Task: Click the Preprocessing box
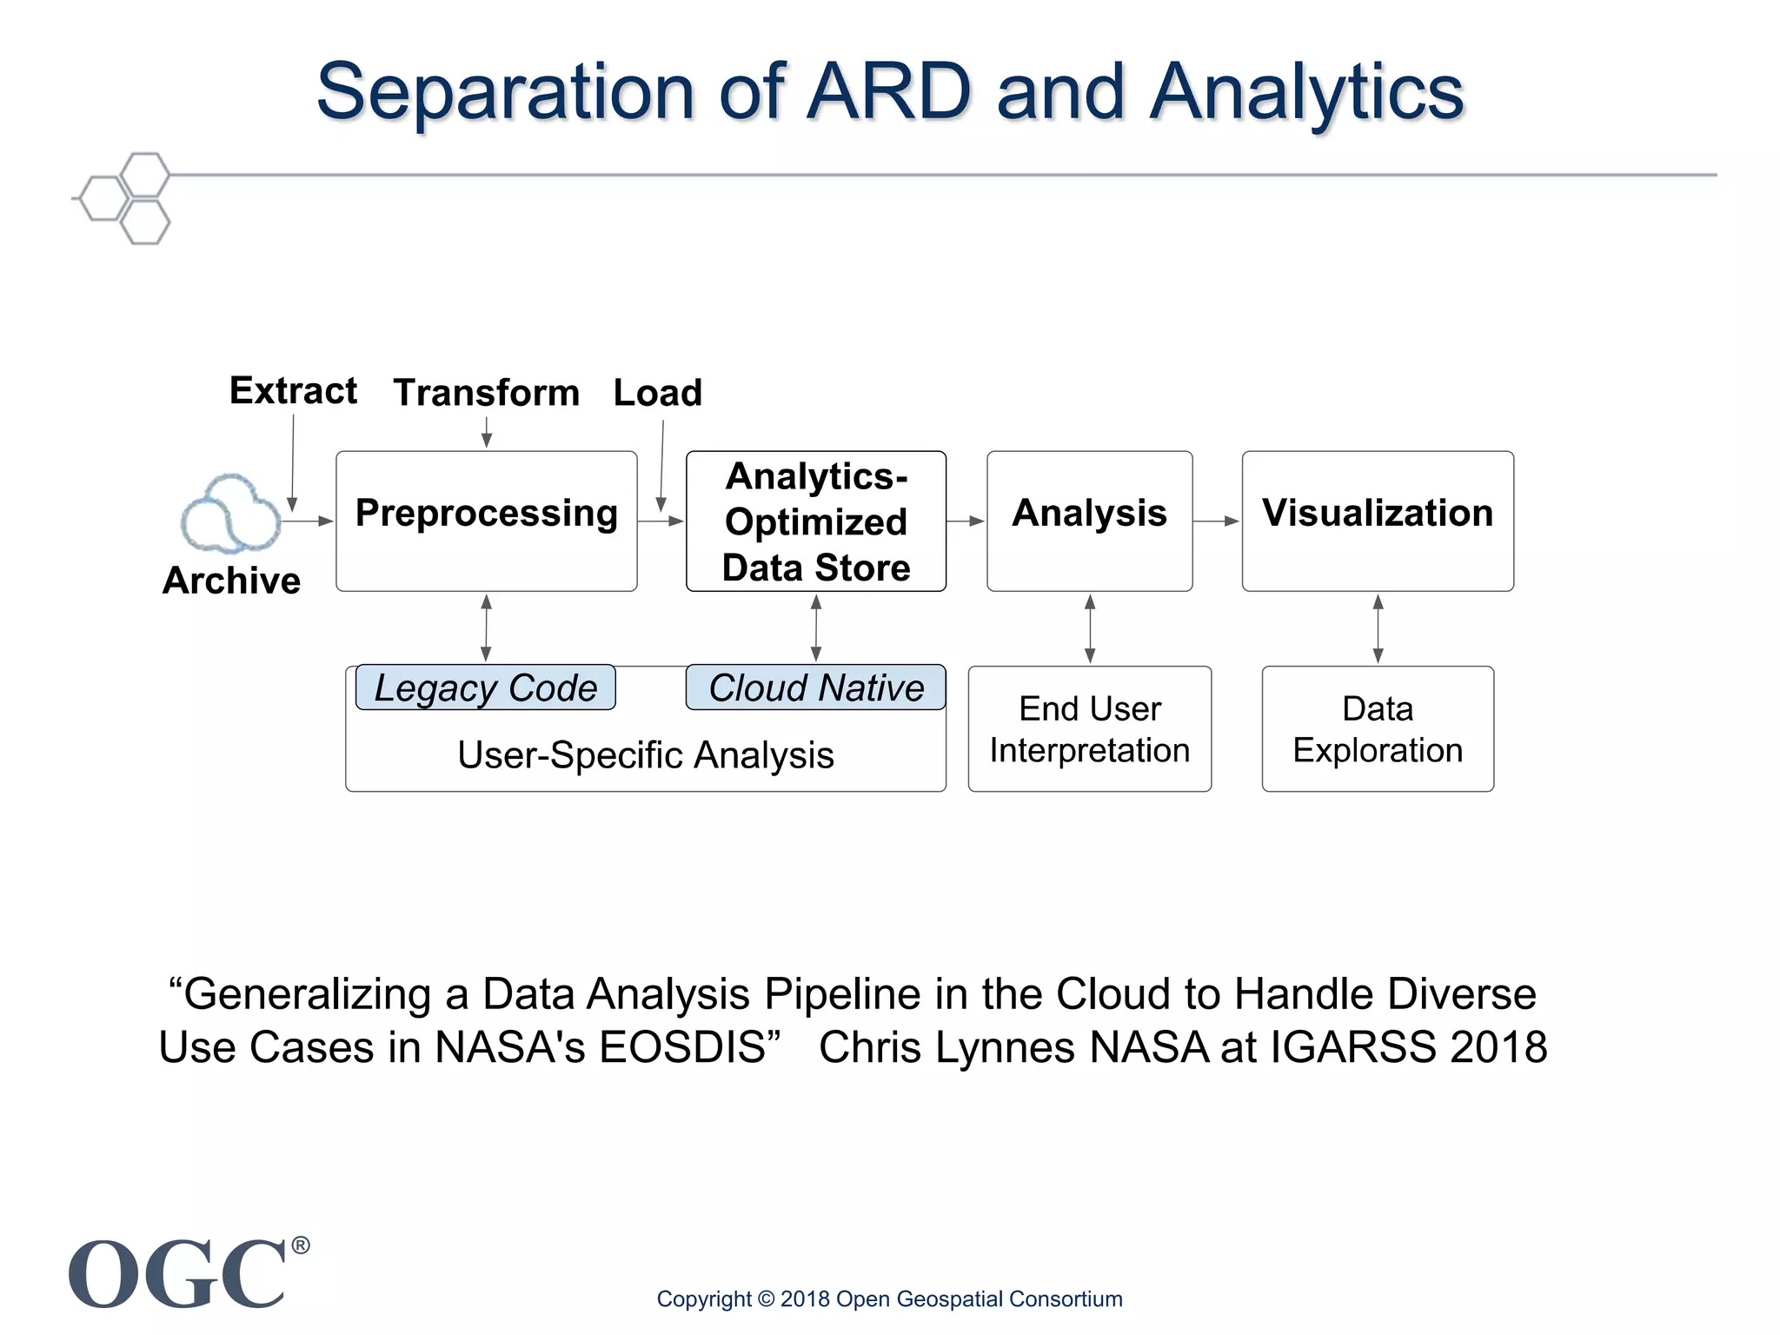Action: pyautogui.click(x=486, y=521)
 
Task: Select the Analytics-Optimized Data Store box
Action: pyautogui.click(x=815, y=521)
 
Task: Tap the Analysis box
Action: pyautogui.click(x=1089, y=521)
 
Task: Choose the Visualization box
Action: pyautogui.click(x=1378, y=521)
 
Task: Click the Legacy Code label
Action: pyautogui.click(x=485, y=687)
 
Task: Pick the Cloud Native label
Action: pyautogui.click(x=815, y=687)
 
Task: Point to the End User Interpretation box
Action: pyautogui.click(x=1089, y=729)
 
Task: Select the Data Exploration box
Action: pyautogui.click(x=1378, y=729)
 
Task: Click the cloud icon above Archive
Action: pyautogui.click(x=230, y=514)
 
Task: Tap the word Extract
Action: pyautogui.click(x=293, y=391)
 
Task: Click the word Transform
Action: pyautogui.click(x=486, y=393)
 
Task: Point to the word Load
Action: pyautogui.click(x=657, y=393)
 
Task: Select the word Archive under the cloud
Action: pyautogui.click(x=231, y=581)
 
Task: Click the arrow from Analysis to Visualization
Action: pyautogui.click(x=1216, y=521)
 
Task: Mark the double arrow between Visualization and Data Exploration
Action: pyautogui.click(x=1378, y=628)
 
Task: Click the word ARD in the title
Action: pyautogui.click(x=888, y=91)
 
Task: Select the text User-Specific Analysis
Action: pyautogui.click(x=645, y=754)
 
